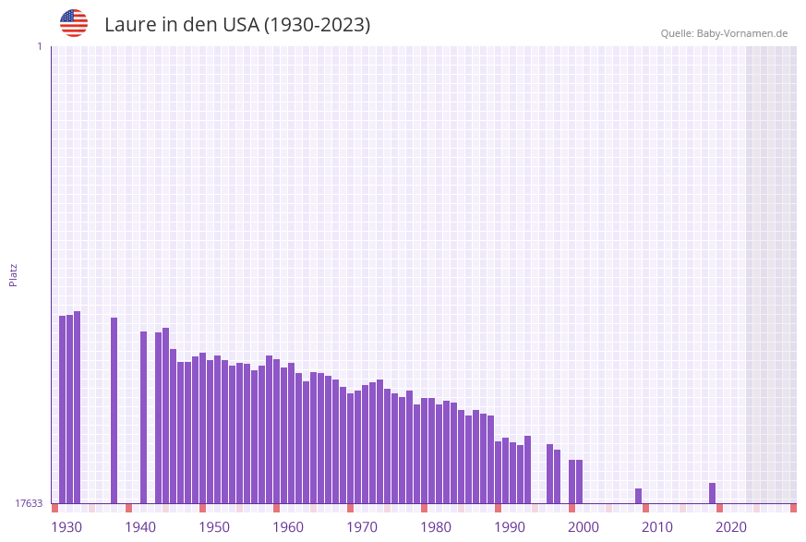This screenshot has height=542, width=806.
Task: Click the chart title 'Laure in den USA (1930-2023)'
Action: coord(237,25)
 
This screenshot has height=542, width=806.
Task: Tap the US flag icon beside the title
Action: coord(74,23)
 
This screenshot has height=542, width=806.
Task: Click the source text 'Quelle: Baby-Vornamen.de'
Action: coord(724,33)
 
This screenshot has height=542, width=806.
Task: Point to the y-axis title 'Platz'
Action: coord(14,275)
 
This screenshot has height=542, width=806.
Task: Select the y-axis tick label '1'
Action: coord(39,46)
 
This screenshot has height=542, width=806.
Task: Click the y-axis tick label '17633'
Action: coord(29,503)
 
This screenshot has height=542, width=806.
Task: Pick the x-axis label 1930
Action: coord(66,527)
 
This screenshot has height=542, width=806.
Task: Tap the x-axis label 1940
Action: coord(140,527)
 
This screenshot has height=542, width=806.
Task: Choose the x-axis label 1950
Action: coord(214,527)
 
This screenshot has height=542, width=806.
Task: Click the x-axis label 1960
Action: coord(288,527)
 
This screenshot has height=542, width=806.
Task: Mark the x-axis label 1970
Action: coord(362,527)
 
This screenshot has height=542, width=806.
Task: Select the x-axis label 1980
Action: coord(436,527)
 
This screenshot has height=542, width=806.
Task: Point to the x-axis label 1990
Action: coord(510,527)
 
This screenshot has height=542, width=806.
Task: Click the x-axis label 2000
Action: coord(583,527)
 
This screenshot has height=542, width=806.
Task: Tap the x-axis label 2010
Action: coord(657,527)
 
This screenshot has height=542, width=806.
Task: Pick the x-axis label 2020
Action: coord(731,527)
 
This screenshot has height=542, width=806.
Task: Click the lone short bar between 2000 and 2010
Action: coord(638,496)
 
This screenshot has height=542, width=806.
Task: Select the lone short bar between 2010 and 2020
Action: coord(712,493)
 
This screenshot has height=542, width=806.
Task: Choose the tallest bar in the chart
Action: coord(77,406)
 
